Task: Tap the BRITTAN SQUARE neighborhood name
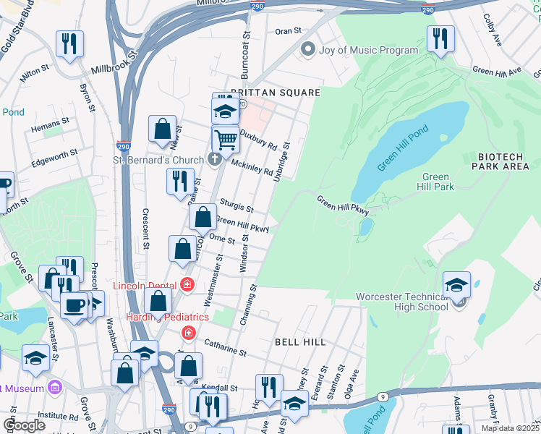(x=275, y=93)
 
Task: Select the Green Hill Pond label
(x=403, y=148)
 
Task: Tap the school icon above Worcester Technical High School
(x=456, y=286)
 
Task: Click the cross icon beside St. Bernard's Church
(x=215, y=159)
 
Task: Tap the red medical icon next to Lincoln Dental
(x=188, y=284)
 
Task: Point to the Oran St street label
(x=288, y=31)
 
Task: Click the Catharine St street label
(x=225, y=348)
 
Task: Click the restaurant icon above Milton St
(x=69, y=44)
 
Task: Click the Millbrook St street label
(x=114, y=64)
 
